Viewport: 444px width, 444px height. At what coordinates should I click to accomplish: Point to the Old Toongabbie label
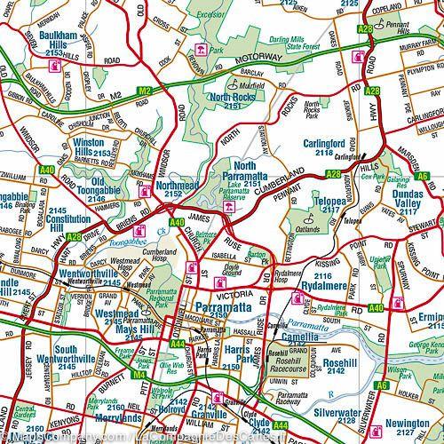point(107,187)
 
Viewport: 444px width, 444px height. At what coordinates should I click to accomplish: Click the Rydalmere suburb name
point(328,286)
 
